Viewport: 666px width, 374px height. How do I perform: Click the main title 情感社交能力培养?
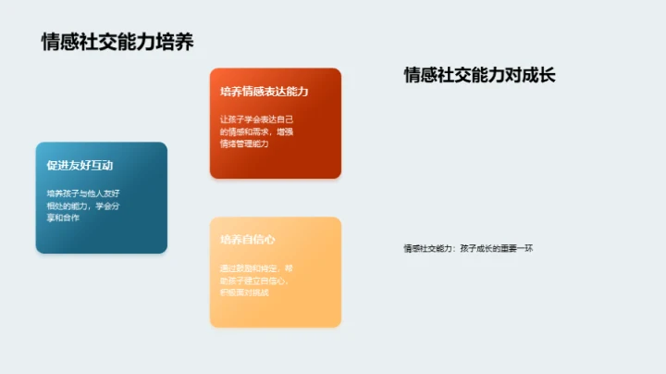pyautogui.click(x=117, y=43)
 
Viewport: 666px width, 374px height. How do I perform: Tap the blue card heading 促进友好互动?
pyautogui.click(x=80, y=166)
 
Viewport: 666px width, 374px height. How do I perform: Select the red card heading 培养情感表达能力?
pyautogui.click(x=264, y=92)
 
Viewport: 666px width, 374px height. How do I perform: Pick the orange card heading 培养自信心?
pyautogui.click(x=248, y=240)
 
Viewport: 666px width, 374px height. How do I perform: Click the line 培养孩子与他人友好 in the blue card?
pyautogui.click(x=84, y=193)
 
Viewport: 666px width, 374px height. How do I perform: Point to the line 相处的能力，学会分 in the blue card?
pyautogui.click(x=84, y=206)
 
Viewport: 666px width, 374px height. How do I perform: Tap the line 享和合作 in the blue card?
pyautogui.click(x=63, y=218)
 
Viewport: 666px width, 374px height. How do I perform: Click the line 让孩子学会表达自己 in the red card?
pyautogui.click(x=257, y=119)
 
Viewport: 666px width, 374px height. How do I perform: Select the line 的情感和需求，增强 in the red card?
pyautogui.click(x=257, y=131)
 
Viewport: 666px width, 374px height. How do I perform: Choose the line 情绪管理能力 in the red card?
pyautogui.click(x=244, y=143)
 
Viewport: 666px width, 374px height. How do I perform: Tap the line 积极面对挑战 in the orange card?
pyautogui.click(x=244, y=293)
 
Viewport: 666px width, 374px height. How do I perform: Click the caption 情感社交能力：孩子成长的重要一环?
pyautogui.click(x=468, y=248)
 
